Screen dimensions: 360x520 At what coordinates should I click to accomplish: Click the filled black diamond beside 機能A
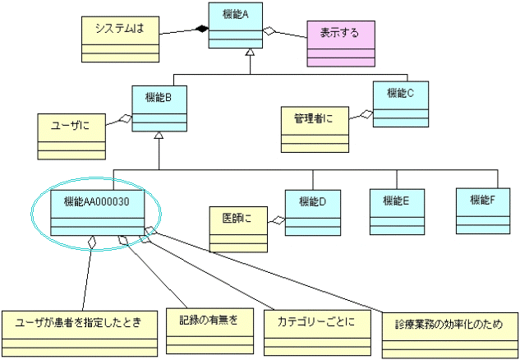[200, 30]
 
